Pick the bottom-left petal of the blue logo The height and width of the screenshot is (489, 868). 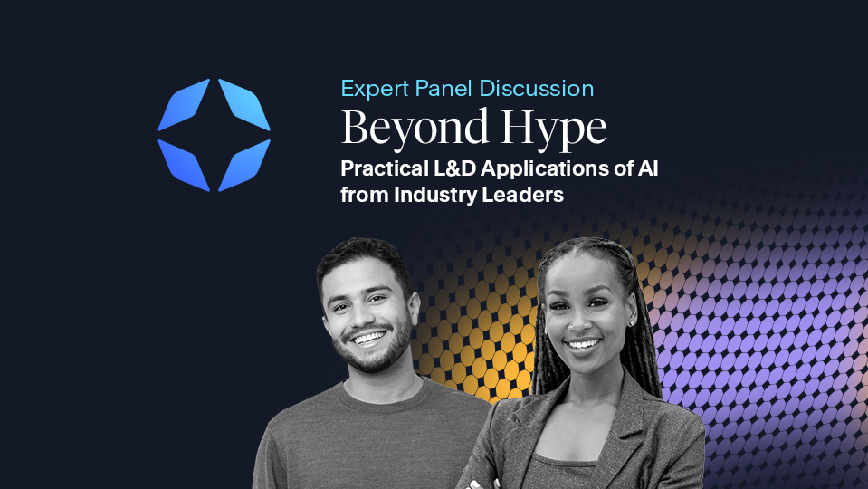(x=185, y=164)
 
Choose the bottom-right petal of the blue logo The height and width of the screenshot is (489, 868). (x=243, y=164)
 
